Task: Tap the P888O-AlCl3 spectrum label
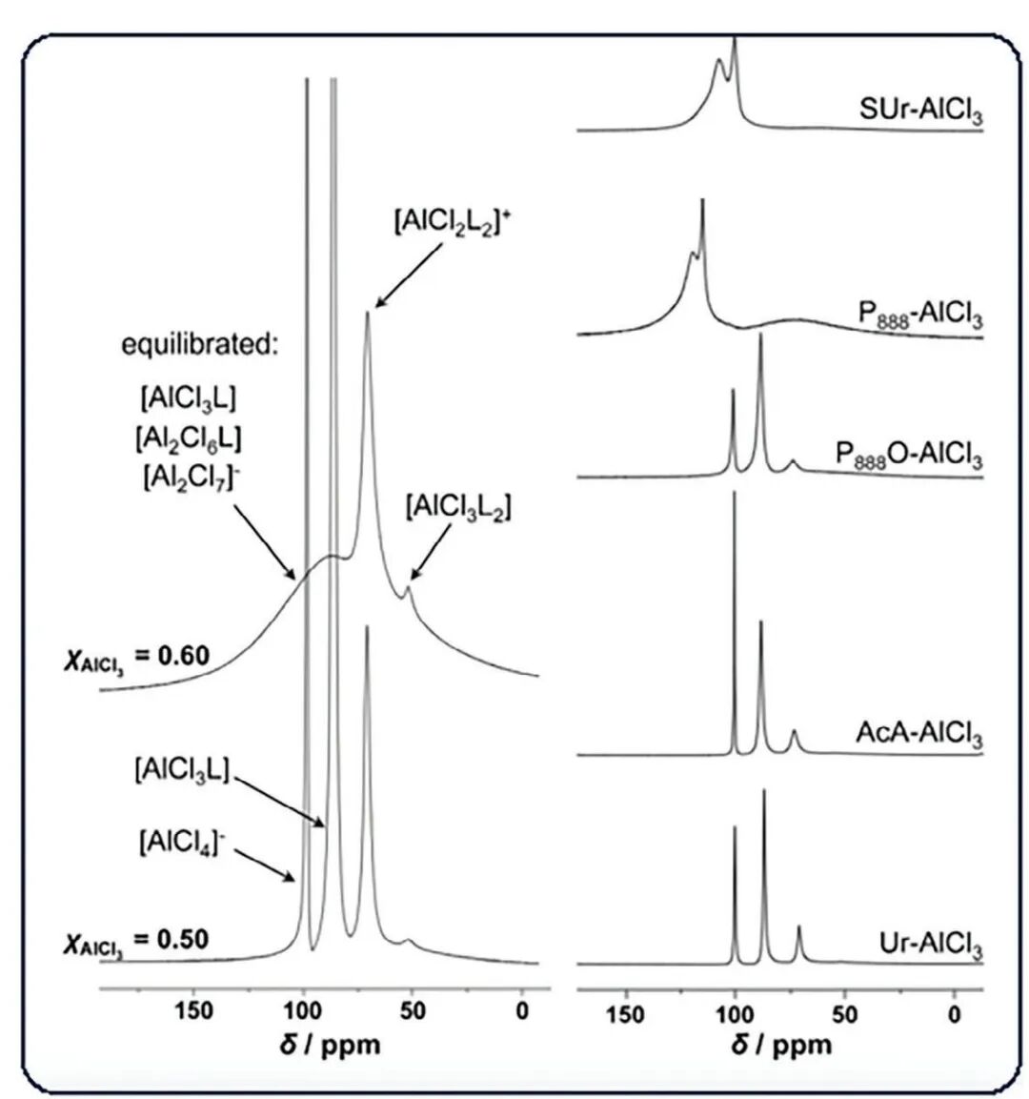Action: (909, 455)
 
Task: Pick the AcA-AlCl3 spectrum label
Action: (918, 734)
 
